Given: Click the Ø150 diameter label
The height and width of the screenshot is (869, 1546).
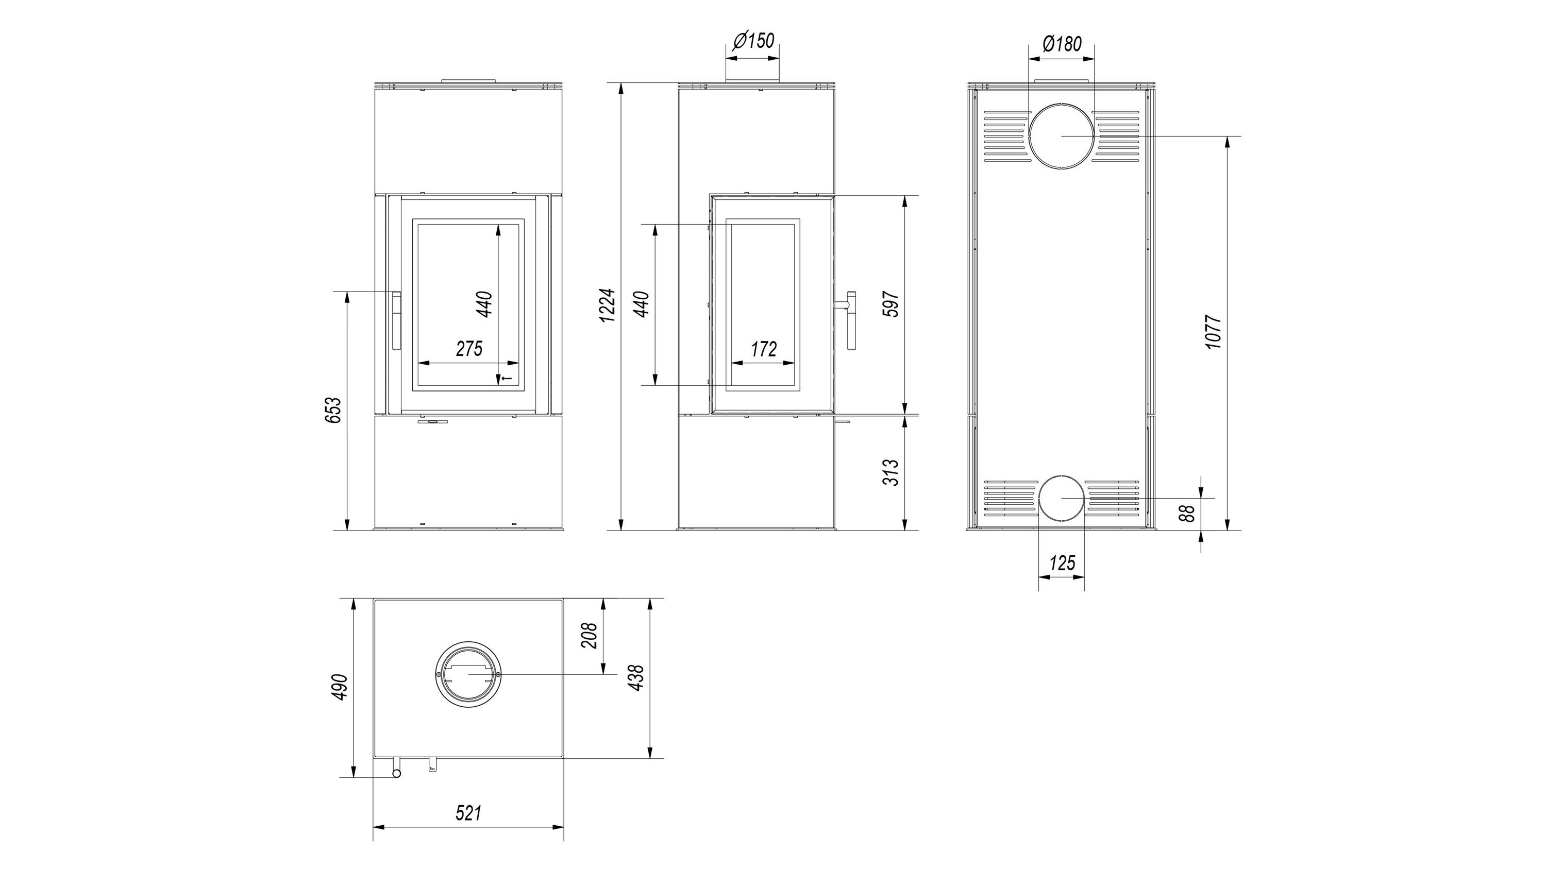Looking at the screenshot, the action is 754,41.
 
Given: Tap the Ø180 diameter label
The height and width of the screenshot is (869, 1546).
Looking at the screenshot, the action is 1062,43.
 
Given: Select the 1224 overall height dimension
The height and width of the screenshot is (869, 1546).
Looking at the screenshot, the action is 609,305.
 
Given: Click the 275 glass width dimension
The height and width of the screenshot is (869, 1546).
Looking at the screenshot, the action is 469,348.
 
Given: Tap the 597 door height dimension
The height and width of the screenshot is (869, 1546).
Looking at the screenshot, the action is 892,304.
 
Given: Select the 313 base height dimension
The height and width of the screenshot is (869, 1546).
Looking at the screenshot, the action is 892,472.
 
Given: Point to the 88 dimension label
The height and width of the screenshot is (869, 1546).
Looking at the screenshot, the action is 1186,514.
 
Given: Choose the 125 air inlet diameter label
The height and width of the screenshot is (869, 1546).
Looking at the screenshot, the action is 1062,563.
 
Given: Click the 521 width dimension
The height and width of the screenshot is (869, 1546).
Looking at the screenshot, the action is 469,813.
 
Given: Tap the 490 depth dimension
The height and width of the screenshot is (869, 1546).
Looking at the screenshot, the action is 340,687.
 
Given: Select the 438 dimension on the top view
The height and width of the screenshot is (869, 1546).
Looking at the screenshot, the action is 637,677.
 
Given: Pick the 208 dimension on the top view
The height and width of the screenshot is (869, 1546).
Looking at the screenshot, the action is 590,635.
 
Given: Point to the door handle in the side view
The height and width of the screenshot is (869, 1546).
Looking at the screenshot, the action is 850,320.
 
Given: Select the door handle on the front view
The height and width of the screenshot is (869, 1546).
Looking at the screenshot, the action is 397,320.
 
